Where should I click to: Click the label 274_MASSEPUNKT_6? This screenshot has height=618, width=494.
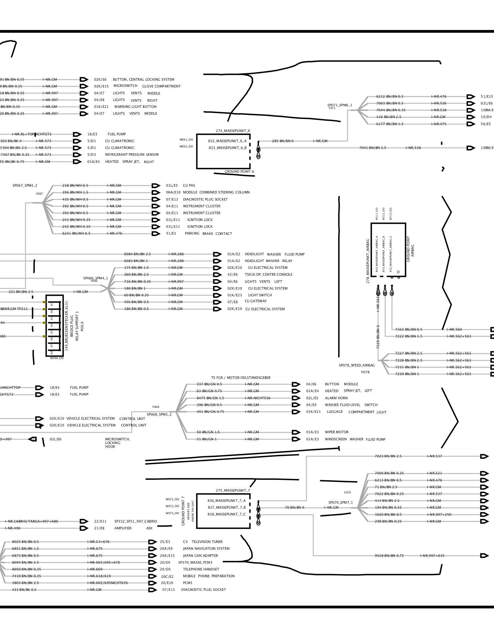[233, 131]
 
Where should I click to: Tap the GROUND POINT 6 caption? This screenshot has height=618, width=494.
[239, 172]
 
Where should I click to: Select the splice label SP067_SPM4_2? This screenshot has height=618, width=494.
[25, 186]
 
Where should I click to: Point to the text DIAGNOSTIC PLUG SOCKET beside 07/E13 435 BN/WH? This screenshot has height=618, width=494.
[205, 199]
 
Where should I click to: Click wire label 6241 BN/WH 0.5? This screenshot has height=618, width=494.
[76, 234]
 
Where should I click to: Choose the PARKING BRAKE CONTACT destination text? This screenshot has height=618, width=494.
[208, 234]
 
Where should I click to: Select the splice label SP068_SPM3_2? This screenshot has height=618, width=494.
[159, 414]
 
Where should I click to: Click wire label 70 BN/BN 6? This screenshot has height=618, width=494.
[295, 507]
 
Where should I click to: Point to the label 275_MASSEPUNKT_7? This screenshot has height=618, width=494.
[233, 490]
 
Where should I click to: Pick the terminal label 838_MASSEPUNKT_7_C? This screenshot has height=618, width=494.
[227, 514]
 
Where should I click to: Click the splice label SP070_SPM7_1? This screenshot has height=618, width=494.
[340, 502]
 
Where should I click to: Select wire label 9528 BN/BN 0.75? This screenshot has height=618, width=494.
[389, 556]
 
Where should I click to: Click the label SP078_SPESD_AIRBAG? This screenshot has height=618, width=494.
[357, 365]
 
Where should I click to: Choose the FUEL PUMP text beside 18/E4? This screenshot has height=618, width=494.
[79, 387]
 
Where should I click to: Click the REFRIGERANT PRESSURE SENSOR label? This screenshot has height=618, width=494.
[132, 154]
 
